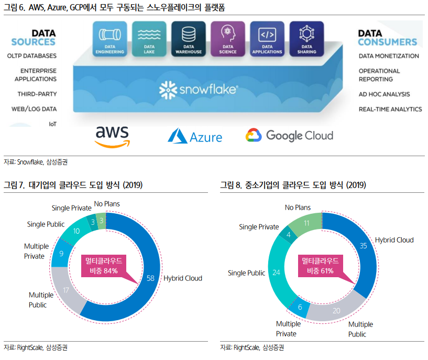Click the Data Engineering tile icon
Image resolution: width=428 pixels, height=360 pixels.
click(x=109, y=38)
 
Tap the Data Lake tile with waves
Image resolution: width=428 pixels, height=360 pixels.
click(x=149, y=38)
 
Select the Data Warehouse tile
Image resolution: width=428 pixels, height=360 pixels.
click(x=188, y=38)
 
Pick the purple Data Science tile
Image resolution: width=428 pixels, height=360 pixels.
click(x=227, y=38)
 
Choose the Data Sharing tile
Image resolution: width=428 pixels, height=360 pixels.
click(x=306, y=38)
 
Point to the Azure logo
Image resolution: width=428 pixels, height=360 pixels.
click(x=195, y=136)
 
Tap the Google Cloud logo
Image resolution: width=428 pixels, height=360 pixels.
click(x=289, y=135)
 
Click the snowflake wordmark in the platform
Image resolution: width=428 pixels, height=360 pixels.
click(x=199, y=90)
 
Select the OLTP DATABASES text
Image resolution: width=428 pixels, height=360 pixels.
click(x=32, y=56)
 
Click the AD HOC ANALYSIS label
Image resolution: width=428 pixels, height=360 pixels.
click(x=384, y=94)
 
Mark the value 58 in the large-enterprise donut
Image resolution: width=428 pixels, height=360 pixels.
click(x=150, y=278)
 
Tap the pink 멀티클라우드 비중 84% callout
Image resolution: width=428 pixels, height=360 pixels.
click(x=103, y=266)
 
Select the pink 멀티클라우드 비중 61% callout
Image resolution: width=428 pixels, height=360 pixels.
click(x=319, y=266)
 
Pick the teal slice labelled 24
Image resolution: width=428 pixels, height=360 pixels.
click(x=277, y=272)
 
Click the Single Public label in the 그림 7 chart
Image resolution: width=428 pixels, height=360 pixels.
click(x=46, y=224)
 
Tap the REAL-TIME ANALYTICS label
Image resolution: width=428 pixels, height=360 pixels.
click(x=390, y=109)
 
